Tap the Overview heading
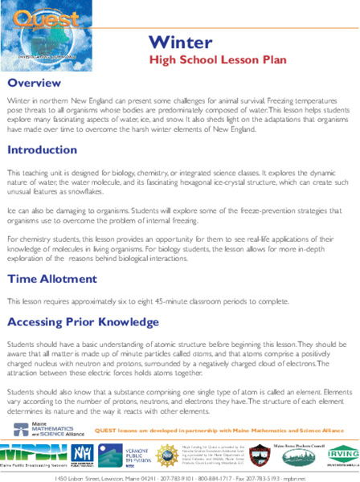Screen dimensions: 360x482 35,84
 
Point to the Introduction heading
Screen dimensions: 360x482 43,150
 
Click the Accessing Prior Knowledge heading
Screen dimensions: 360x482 84,322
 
